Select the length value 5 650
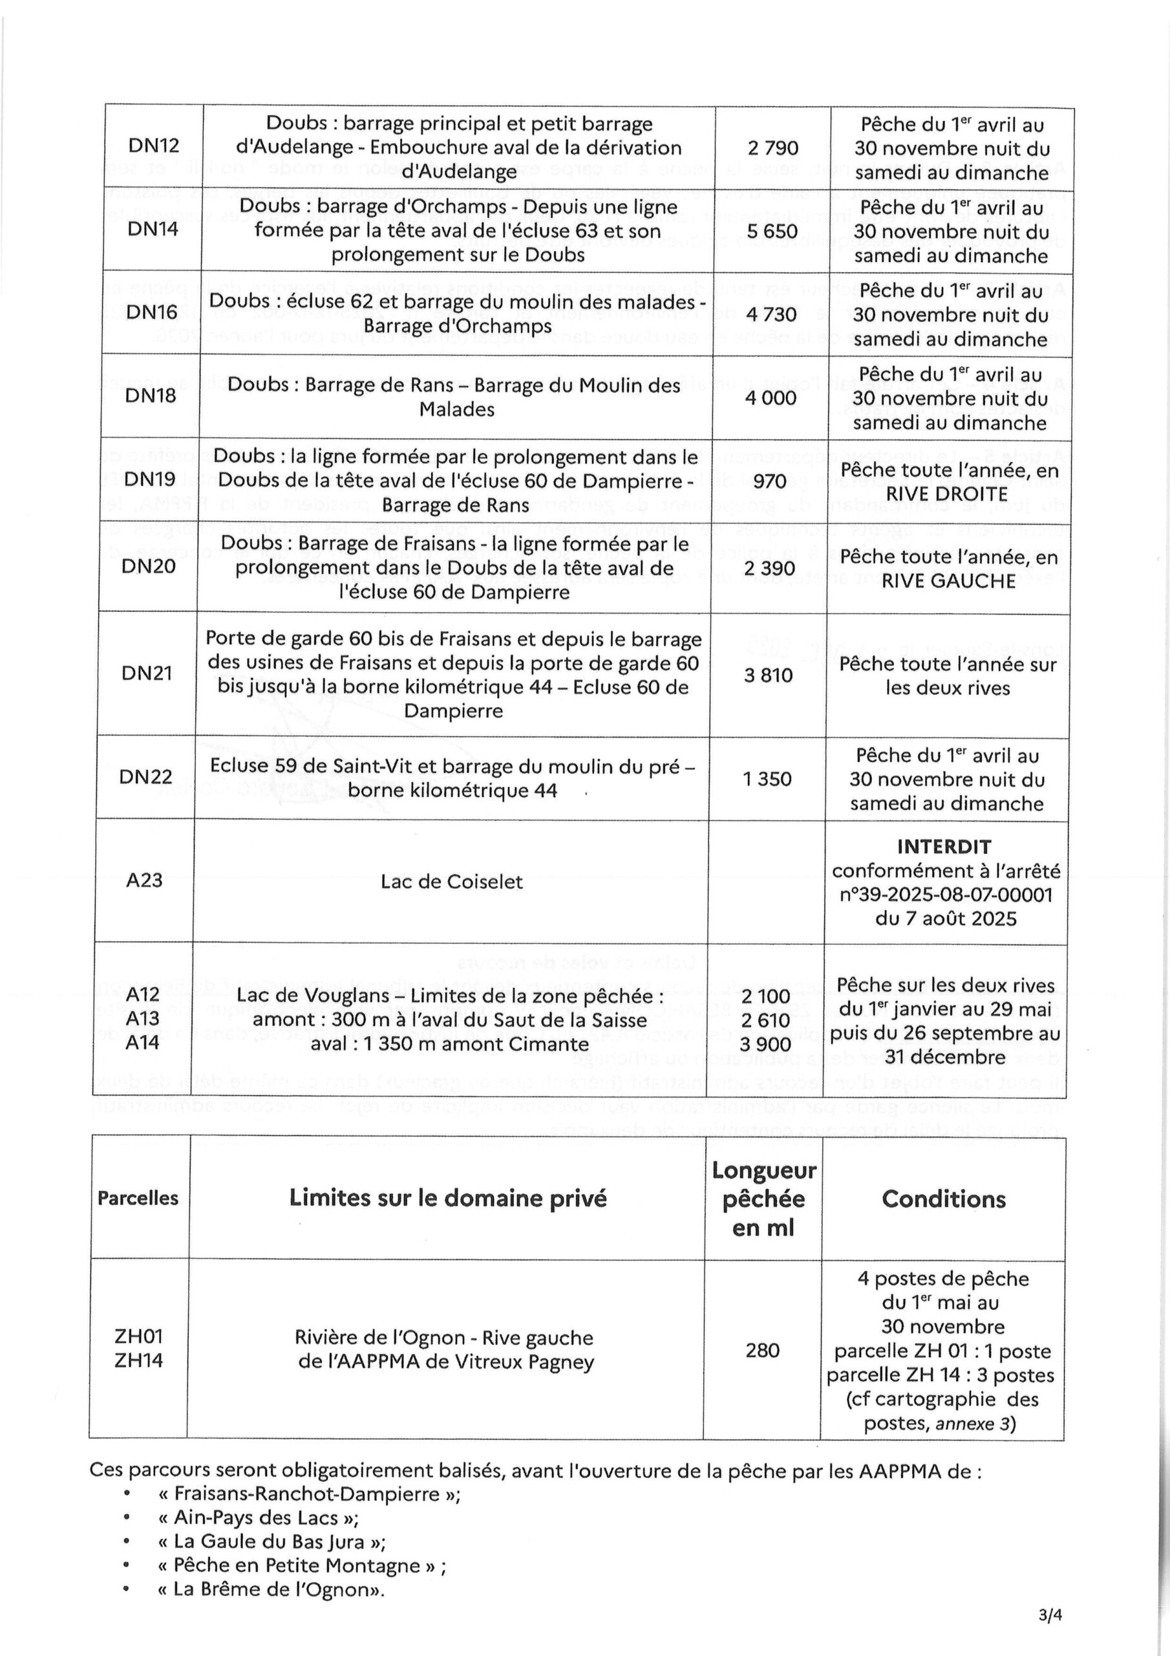pyautogui.click(x=771, y=231)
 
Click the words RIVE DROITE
pyautogui.click(x=946, y=494)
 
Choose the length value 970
pyautogui.click(x=769, y=481)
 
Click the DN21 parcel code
pyautogui.click(x=147, y=673)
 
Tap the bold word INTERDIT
pyautogui.click(x=944, y=847)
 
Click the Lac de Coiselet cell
pyautogui.click(x=451, y=882)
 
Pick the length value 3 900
pyautogui.click(x=765, y=1043)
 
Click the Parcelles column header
pyautogui.click(x=138, y=1198)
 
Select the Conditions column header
pyautogui.click(x=943, y=1199)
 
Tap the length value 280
pyautogui.click(x=763, y=1349)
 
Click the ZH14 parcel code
pyautogui.click(x=138, y=1360)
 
